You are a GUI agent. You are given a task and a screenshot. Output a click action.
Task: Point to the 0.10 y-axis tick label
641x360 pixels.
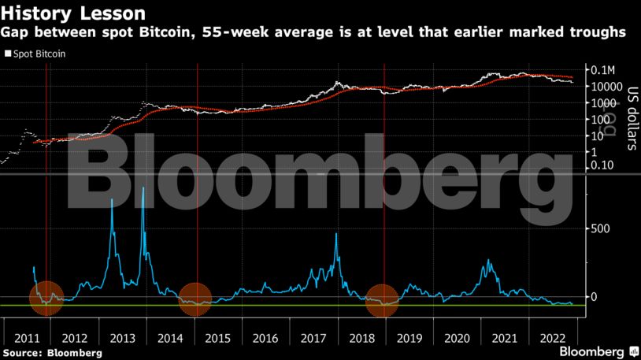click(602, 166)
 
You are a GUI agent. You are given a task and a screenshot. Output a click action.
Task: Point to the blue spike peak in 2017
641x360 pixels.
click(336, 234)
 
